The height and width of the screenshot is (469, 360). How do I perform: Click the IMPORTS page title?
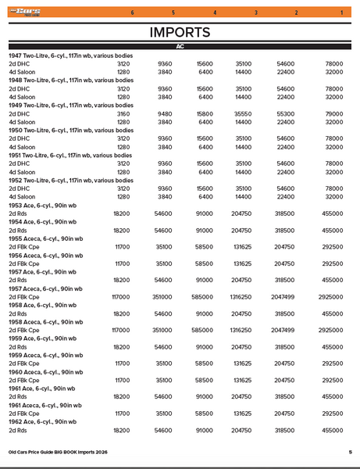tap(180, 32)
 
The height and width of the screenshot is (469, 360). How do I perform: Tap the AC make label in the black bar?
tap(180, 48)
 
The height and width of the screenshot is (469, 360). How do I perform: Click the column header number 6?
tap(132, 13)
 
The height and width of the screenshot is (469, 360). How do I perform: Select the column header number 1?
tap(341, 13)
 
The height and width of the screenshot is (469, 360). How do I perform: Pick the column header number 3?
tap(256, 13)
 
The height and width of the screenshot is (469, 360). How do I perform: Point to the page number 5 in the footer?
tap(350, 452)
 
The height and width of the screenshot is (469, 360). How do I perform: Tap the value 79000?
tap(334, 113)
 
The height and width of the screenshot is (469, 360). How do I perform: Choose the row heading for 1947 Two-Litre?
tap(70, 55)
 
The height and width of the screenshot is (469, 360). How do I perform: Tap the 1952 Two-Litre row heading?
tap(70, 180)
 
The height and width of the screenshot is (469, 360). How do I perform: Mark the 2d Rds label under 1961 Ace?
tap(18, 397)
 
